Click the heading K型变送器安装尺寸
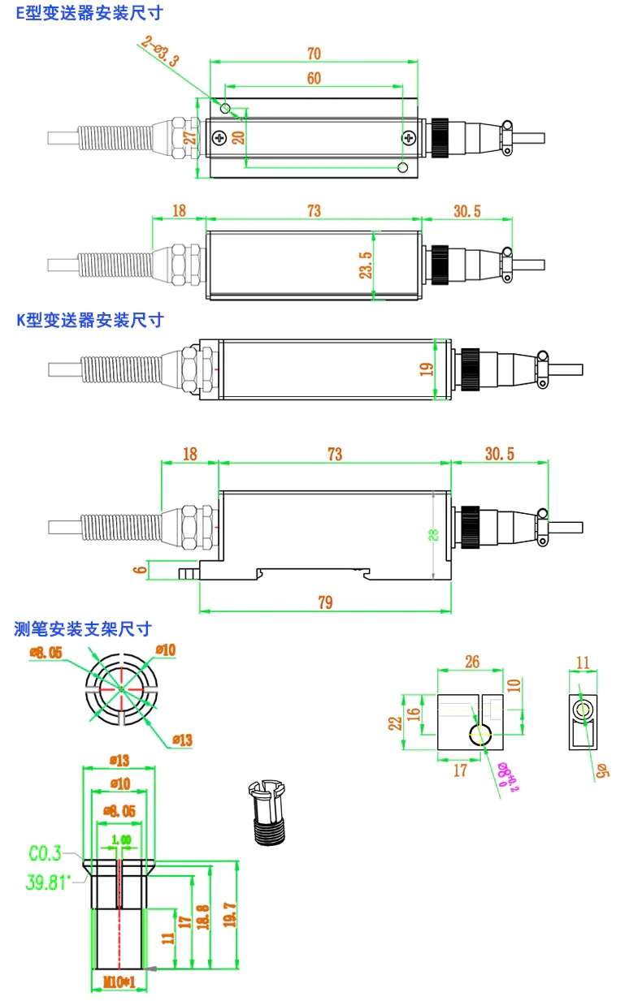[89, 320]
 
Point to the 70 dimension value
[314, 54]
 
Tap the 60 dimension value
[314, 78]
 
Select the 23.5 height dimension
[365, 265]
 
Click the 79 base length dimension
[325, 602]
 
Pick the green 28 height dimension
[433, 534]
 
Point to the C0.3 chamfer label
[45, 853]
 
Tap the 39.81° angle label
[48, 882]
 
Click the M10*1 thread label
[119, 982]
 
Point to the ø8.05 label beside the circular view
[46, 652]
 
